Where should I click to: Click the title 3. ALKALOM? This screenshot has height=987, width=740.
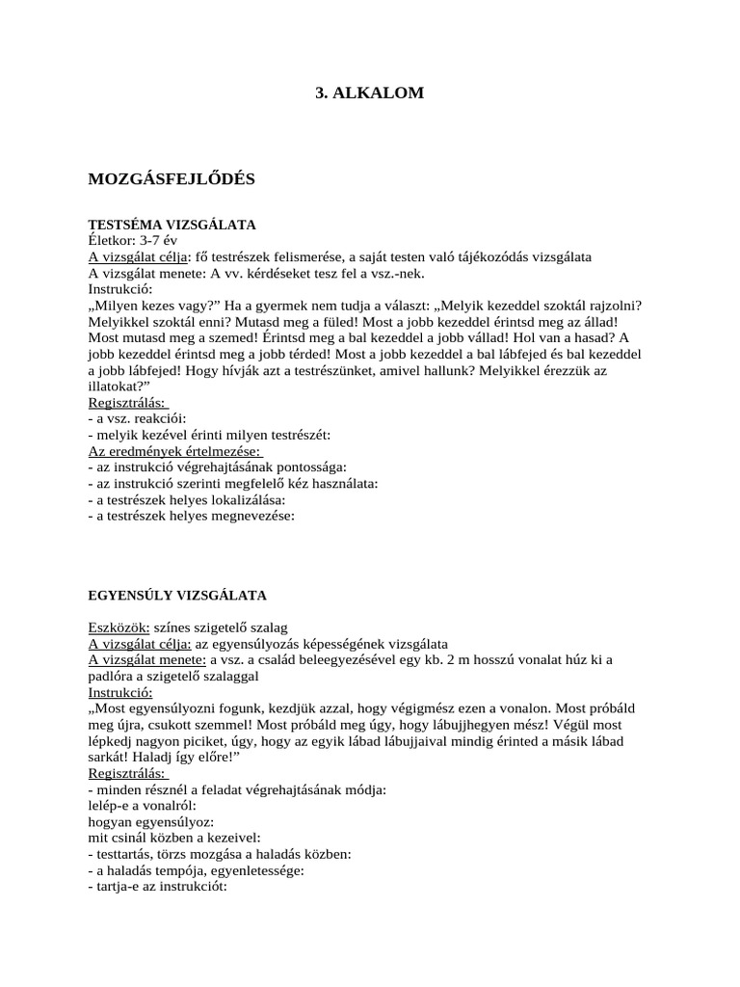coord(370,93)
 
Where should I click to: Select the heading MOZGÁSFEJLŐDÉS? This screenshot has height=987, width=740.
coord(172,179)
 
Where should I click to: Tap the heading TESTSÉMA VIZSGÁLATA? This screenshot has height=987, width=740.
coord(172,225)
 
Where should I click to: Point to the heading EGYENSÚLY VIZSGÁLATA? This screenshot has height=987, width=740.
coord(177,596)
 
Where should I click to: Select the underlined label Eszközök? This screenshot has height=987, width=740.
coord(119,627)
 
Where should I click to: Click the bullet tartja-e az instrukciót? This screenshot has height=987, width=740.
coord(156,887)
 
